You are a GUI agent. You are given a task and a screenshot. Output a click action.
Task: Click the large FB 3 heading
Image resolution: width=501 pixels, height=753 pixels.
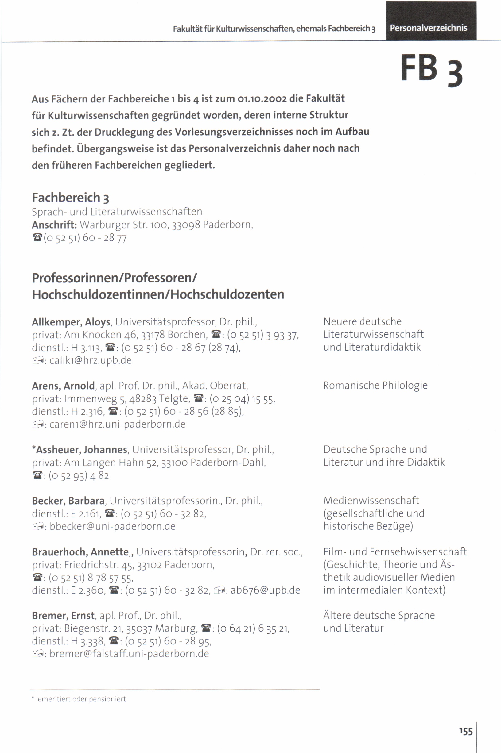(431, 69)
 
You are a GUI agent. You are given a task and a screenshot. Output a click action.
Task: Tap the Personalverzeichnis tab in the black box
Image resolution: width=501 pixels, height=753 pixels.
(428, 28)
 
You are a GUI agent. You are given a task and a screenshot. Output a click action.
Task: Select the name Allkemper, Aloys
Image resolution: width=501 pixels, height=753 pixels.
(71, 322)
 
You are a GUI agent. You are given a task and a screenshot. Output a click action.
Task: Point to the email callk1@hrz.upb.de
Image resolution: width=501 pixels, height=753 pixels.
(91, 360)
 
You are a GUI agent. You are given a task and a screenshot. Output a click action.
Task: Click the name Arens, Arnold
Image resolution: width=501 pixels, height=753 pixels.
(63, 386)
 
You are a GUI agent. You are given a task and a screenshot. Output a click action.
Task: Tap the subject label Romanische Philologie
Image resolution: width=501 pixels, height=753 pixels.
(375, 385)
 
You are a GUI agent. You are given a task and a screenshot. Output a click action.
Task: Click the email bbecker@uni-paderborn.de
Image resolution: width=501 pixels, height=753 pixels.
(112, 526)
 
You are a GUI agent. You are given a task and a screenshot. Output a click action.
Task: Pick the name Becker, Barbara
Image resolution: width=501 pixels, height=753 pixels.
(68, 501)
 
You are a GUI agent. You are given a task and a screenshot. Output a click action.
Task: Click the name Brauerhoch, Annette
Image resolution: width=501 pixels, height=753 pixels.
(80, 552)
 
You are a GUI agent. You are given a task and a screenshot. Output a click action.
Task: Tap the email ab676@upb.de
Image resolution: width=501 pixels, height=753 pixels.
(265, 590)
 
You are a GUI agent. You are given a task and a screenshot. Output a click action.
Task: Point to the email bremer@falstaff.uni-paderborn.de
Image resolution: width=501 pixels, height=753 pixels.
(129, 654)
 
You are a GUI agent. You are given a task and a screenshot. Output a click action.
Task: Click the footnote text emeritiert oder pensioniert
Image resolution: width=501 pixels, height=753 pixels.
(81, 699)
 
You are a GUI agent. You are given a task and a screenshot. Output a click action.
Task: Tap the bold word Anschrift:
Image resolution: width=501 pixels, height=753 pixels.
(54, 225)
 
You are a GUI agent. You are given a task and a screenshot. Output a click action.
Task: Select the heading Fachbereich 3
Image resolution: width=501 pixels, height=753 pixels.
(70, 198)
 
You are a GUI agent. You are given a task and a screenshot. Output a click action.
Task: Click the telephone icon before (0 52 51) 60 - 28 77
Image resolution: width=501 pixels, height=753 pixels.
(37, 238)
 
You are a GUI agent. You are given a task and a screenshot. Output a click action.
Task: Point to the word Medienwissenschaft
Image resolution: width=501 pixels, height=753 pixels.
(371, 501)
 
